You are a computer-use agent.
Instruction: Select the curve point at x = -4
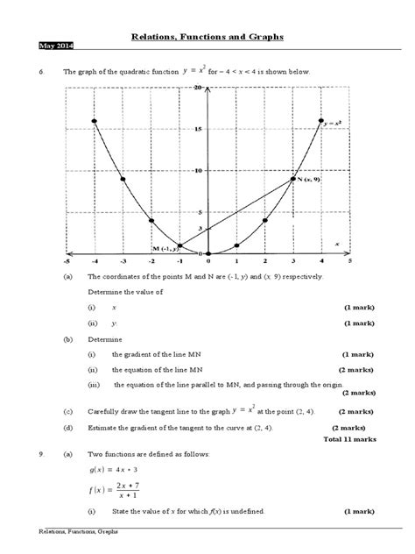(95, 120)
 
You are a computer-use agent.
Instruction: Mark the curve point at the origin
(208, 254)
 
